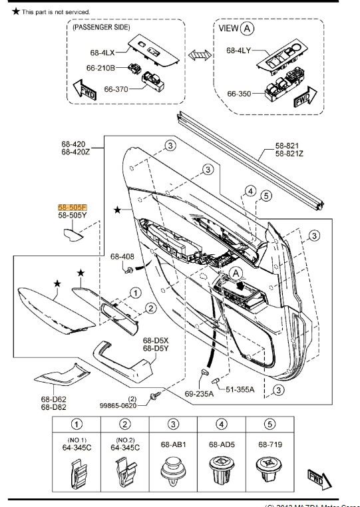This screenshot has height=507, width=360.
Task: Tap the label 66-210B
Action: [x=101, y=68]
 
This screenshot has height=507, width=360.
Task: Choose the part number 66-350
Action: [x=238, y=94]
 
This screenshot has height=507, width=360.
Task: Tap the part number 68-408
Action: [x=122, y=256]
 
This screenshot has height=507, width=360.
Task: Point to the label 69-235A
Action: [x=199, y=393]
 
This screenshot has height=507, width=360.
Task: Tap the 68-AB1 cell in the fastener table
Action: [x=173, y=444]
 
